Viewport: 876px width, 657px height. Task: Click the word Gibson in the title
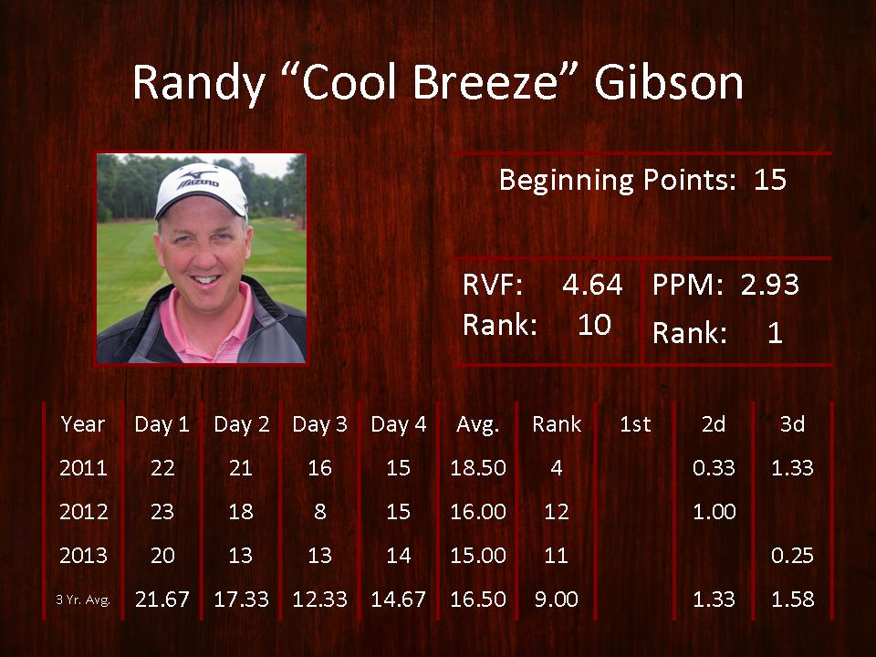[x=669, y=82]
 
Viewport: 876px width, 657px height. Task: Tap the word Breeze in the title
[x=485, y=82]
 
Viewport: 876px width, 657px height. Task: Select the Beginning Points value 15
[x=770, y=180]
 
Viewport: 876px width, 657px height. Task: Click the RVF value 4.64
[x=592, y=285]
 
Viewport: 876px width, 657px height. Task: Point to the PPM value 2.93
[x=770, y=285]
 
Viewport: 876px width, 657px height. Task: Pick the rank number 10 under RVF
[x=594, y=325]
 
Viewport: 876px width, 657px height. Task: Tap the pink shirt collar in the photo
[x=208, y=324]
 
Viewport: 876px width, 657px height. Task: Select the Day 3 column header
[x=319, y=424]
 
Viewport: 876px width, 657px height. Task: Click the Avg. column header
[x=477, y=424]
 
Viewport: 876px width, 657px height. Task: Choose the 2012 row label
[x=83, y=511]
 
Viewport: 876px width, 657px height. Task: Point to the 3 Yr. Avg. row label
[x=83, y=600]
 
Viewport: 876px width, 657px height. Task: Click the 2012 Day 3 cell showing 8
[x=319, y=511]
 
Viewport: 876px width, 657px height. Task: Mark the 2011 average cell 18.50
[x=478, y=467]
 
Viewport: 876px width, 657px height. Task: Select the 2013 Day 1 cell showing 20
[x=162, y=556]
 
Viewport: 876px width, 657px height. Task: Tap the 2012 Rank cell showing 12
[x=557, y=511]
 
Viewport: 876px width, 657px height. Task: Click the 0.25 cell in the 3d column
[x=792, y=556]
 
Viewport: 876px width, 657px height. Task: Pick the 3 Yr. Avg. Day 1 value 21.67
[x=162, y=600]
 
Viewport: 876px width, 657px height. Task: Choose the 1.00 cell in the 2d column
[x=714, y=511]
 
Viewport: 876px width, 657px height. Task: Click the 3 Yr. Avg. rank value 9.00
[x=557, y=600]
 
